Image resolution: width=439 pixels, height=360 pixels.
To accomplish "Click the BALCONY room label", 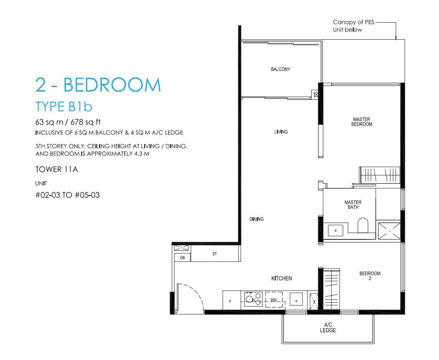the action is [281, 69].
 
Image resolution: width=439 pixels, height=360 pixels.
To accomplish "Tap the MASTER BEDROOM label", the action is [362, 122].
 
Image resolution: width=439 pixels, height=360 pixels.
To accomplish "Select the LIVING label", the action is [281, 132].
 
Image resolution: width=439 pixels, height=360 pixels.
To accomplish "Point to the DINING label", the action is [256, 219].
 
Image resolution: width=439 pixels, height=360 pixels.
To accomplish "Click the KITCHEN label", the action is [281, 278].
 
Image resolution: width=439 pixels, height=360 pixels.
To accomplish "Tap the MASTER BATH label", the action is [353, 204].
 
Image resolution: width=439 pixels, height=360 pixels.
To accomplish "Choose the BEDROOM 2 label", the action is [370, 276].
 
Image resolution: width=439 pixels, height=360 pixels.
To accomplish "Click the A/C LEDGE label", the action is [328, 327].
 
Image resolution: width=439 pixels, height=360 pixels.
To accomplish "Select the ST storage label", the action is [214, 254].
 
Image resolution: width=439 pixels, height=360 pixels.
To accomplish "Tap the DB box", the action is [183, 257].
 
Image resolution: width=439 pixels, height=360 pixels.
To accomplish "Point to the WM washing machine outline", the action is [274, 300].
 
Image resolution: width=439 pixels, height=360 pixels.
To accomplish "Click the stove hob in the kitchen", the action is [253, 299].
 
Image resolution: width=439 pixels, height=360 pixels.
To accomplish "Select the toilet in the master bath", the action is [363, 225].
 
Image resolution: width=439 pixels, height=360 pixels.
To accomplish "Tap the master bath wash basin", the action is [336, 231].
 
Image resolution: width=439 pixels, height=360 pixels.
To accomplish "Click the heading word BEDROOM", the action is [112, 85].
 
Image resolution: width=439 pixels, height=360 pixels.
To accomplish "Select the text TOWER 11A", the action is [57, 170].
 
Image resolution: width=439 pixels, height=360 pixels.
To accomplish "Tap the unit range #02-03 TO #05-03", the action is [67, 195].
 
